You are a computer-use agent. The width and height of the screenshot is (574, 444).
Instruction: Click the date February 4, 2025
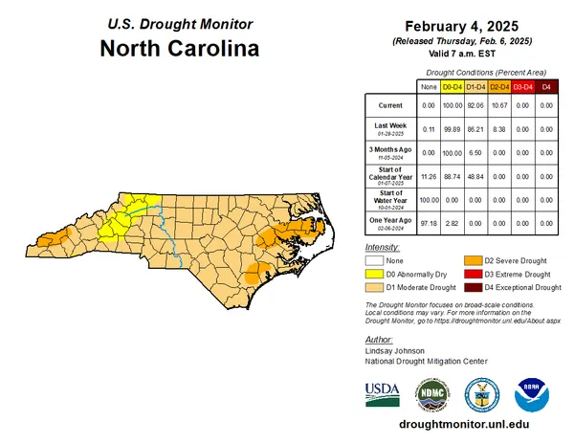tap(460, 27)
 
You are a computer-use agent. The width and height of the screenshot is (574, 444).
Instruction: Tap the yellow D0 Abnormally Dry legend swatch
tap(374, 274)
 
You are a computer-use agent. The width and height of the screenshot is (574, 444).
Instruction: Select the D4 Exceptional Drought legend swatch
tap(472, 287)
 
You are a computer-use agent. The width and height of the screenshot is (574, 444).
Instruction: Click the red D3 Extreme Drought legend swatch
tap(472, 274)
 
